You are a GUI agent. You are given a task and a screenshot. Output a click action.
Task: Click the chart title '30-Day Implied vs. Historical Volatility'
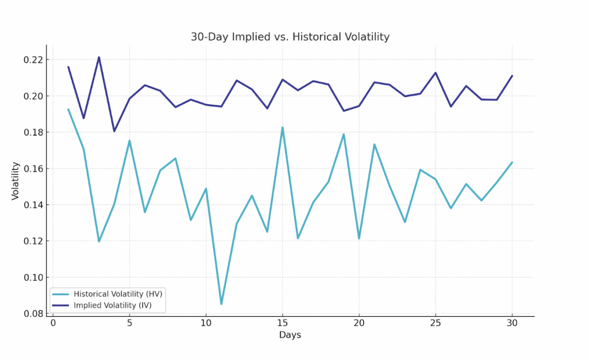click(x=290, y=37)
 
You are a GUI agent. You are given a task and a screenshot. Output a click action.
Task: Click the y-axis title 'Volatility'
click(x=15, y=180)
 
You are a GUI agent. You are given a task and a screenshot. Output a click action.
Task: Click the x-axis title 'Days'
click(x=290, y=335)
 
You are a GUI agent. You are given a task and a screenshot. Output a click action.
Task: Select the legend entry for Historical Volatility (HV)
click(x=118, y=294)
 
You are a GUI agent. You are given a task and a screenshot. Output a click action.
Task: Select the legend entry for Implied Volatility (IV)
click(x=112, y=305)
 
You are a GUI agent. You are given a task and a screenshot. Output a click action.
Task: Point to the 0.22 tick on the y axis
click(x=33, y=60)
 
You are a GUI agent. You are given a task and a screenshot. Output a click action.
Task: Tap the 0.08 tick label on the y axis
click(x=33, y=313)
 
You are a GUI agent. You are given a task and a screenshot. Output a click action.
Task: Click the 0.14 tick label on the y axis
click(x=33, y=205)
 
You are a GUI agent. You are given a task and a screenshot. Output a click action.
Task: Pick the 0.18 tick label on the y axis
click(x=33, y=132)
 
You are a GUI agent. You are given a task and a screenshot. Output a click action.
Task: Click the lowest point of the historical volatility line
click(x=221, y=304)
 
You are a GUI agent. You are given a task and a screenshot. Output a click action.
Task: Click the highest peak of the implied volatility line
click(x=99, y=57)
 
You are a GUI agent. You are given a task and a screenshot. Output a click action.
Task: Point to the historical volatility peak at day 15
click(x=282, y=128)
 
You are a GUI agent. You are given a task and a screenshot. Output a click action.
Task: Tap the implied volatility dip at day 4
click(x=114, y=131)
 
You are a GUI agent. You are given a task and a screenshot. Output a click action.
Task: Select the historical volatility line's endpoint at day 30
click(x=512, y=162)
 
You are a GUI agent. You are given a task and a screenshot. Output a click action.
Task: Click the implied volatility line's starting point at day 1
click(x=68, y=67)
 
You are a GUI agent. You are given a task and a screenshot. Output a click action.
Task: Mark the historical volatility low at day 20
click(x=359, y=238)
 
